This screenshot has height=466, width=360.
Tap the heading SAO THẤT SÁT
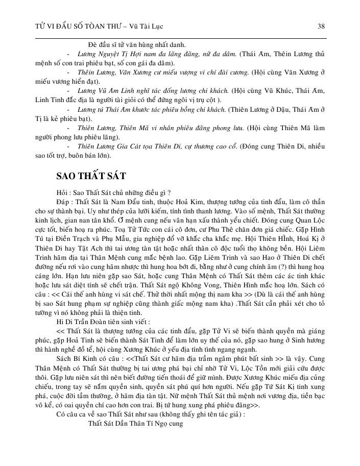tap(91, 177)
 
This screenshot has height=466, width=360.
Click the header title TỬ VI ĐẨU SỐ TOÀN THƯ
tap(71, 26)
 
